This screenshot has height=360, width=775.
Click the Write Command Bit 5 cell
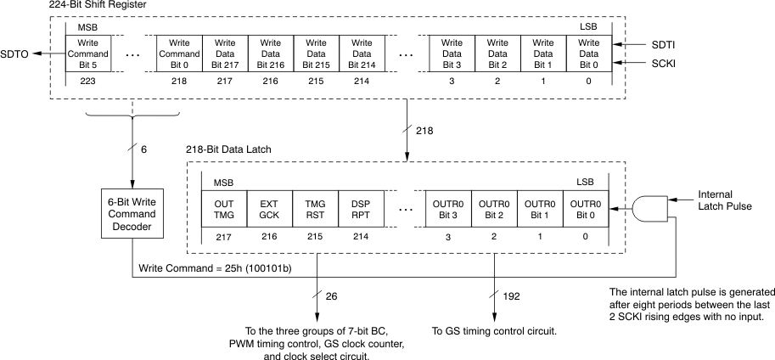pyautogui.click(x=88, y=53)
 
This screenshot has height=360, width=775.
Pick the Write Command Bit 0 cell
pyautogui.click(x=179, y=53)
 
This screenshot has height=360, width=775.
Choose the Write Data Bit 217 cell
pyautogui.click(x=225, y=53)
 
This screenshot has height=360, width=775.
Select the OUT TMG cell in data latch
pyautogui.click(x=224, y=209)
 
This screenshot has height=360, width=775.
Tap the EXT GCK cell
pyautogui.click(x=269, y=209)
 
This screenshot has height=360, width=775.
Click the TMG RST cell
pyautogui.click(x=315, y=209)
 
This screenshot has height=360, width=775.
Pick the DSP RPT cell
pyautogui.click(x=360, y=209)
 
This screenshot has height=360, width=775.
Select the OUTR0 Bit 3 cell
pyautogui.click(x=447, y=209)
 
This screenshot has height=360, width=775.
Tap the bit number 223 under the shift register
pyautogui.click(x=88, y=82)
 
